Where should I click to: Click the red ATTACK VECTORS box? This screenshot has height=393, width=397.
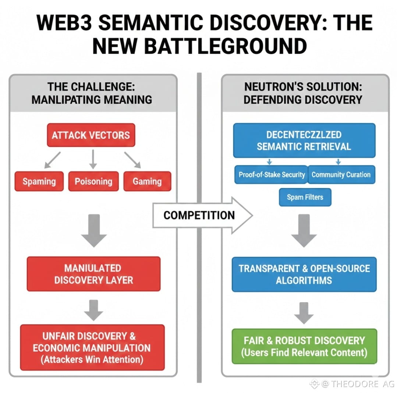tap(91, 135)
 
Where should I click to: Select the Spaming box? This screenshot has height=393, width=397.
tap(39, 181)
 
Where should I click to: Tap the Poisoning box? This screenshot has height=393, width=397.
tap(93, 181)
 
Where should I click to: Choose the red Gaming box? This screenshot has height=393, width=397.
tap(147, 181)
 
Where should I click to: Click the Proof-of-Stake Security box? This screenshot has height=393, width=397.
tap(272, 174)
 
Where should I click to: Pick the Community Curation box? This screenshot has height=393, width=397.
tap(341, 174)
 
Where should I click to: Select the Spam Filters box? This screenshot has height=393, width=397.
tap(305, 197)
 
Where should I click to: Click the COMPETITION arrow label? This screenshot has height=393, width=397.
tap(199, 215)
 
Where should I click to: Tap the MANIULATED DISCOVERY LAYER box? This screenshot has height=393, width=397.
tap(94, 274)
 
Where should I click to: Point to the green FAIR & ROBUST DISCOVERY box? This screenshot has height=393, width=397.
tap(304, 346)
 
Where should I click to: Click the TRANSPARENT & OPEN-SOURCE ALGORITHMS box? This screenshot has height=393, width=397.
tap(304, 275)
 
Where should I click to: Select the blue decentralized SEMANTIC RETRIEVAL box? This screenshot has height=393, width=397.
tap(304, 141)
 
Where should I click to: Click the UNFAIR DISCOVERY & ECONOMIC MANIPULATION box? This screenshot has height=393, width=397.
tap(92, 347)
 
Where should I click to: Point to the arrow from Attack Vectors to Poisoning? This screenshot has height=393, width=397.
tap(93, 159)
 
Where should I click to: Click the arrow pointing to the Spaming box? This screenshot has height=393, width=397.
tap(52, 160)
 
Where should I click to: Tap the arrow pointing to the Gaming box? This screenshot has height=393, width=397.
tap(132, 160)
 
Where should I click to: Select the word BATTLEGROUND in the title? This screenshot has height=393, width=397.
tap(226, 46)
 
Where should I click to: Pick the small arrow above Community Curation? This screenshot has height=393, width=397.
tap(338, 162)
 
